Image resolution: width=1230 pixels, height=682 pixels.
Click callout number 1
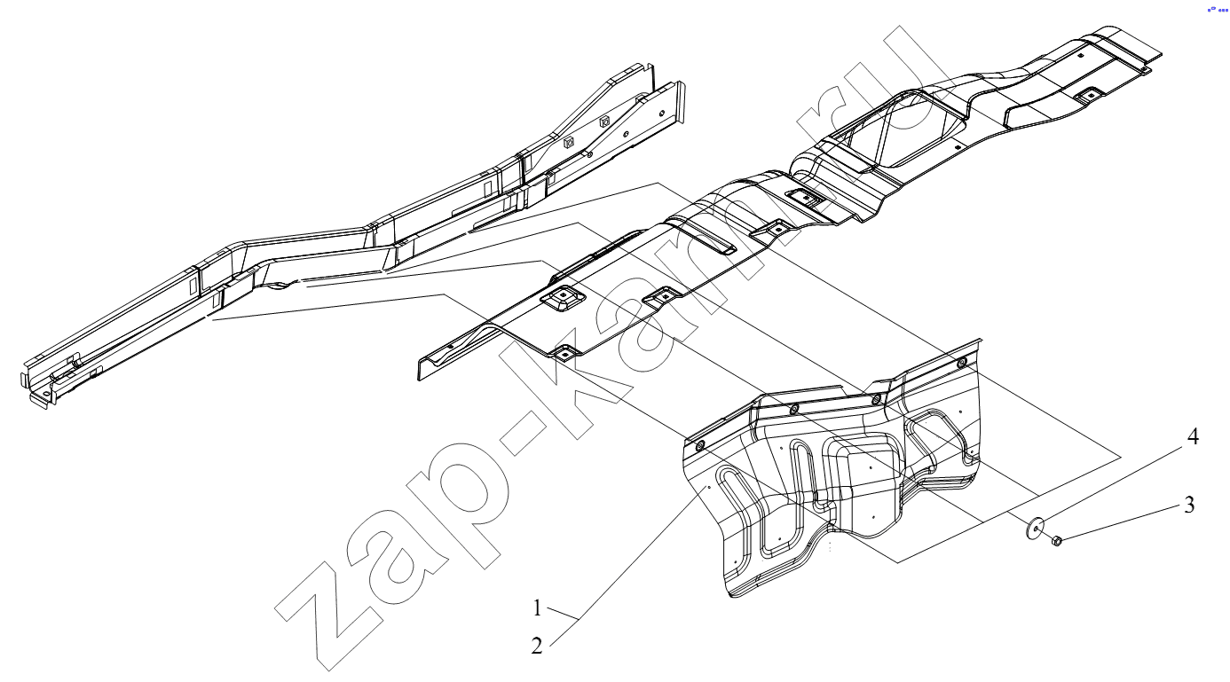click(538, 608)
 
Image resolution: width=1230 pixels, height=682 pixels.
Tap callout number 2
click(537, 646)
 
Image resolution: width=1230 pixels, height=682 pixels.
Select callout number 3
click(1189, 505)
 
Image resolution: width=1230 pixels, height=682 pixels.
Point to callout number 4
click(1193, 436)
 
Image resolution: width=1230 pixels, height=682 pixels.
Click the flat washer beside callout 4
click(1036, 528)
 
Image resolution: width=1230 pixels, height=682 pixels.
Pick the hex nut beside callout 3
click(1055, 541)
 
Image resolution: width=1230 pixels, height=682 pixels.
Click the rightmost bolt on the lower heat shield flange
click(961, 363)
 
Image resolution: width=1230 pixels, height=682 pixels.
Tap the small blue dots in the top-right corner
click(1217, 10)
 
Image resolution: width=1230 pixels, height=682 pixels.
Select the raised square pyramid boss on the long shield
click(562, 299)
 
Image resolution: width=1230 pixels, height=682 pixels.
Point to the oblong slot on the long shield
click(713, 243)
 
